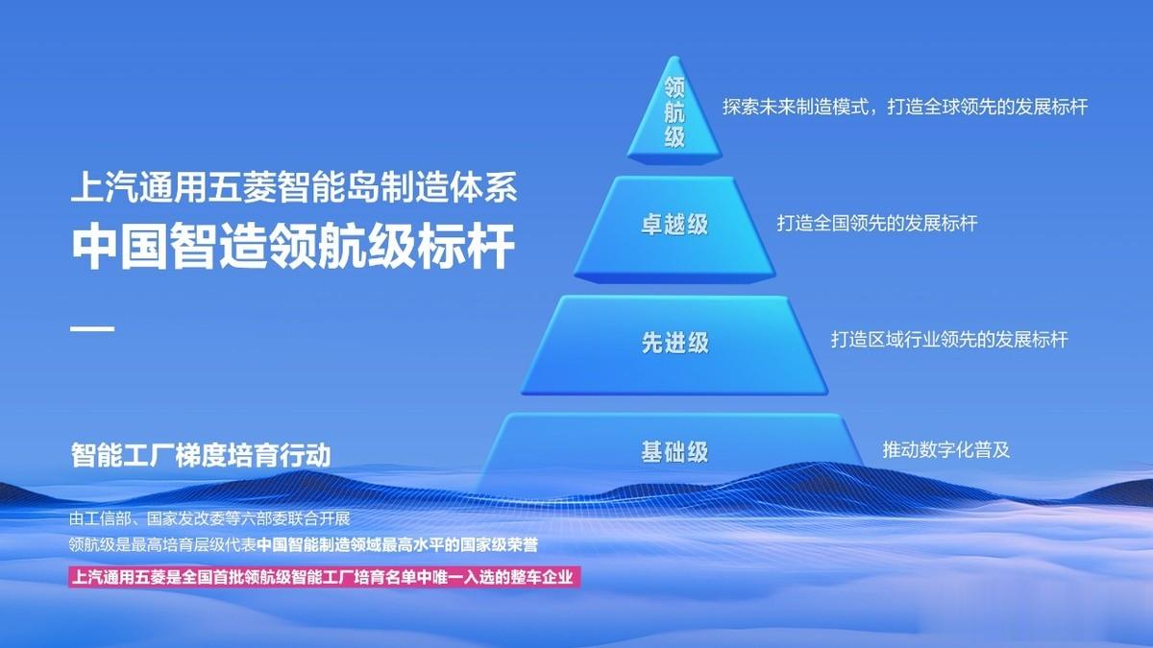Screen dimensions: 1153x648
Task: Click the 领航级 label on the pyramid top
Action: pyautogui.click(x=675, y=112)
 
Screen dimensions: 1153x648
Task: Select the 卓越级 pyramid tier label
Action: pyautogui.click(x=675, y=225)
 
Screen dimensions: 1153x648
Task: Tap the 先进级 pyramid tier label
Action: pyautogui.click(x=675, y=343)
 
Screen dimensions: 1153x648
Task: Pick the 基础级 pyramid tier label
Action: pyautogui.click(x=675, y=452)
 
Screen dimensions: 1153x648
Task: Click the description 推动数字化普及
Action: pyautogui.click(x=946, y=450)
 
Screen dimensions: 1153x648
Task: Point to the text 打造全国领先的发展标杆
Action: pyautogui.click(x=877, y=223)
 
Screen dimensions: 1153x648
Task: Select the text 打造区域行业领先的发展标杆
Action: pyautogui.click(x=949, y=340)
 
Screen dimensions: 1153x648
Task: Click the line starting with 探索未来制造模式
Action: pyautogui.click(x=905, y=107)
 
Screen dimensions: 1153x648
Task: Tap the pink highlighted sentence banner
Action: pyautogui.click(x=325, y=577)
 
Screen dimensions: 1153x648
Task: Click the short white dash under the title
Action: pyautogui.click(x=92, y=328)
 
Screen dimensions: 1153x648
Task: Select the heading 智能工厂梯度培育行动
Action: pyautogui.click(x=201, y=455)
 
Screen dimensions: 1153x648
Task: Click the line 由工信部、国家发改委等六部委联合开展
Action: pyautogui.click(x=209, y=517)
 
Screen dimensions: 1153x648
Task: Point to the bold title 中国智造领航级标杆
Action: pyautogui.click(x=293, y=247)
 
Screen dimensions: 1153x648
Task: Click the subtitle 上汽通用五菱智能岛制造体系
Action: pyautogui.click(x=294, y=187)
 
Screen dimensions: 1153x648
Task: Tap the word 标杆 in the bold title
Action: pyautogui.click(x=466, y=247)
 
